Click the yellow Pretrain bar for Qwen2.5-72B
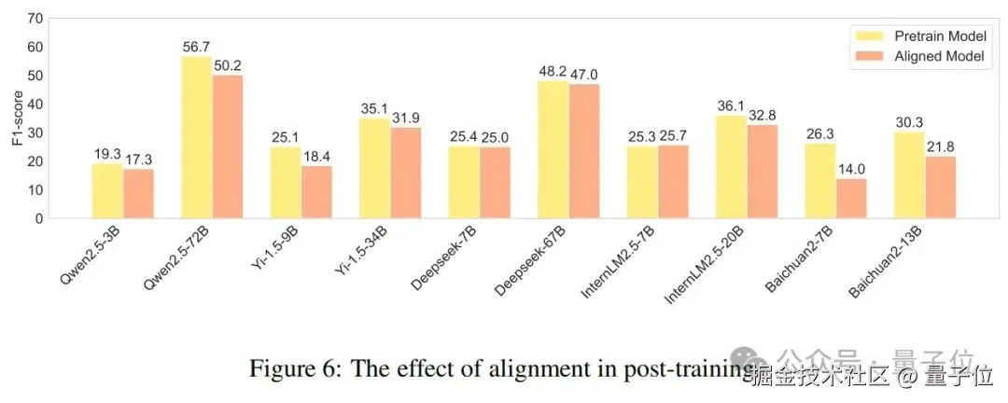click(x=197, y=137)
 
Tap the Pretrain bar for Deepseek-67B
click(x=554, y=149)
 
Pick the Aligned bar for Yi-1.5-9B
click(x=316, y=192)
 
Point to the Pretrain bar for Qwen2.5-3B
click(x=107, y=191)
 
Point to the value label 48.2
click(x=554, y=71)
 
